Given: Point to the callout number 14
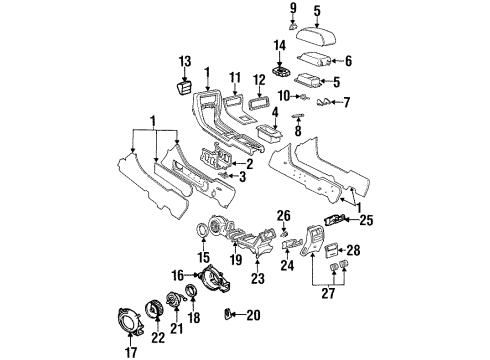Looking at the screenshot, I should click(280, 46).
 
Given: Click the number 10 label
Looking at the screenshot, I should click(284, 95).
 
